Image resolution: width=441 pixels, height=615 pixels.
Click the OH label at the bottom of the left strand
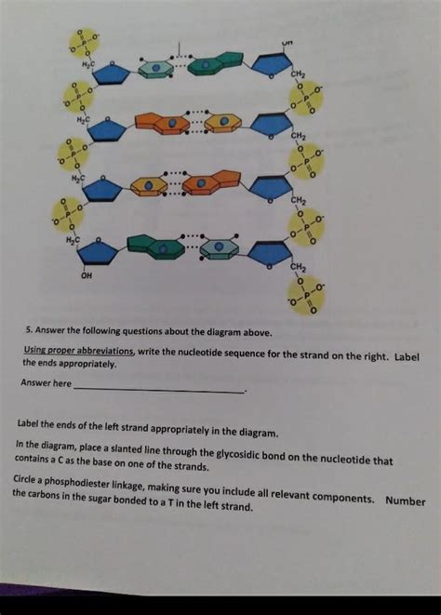click(87, 275)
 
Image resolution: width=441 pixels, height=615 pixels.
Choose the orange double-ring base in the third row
click(212, 182)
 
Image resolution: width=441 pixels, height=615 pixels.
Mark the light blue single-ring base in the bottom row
click(220, 247)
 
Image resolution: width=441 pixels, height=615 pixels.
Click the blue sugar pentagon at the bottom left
click(98, 252)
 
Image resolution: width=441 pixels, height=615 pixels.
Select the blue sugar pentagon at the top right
click(272, 64)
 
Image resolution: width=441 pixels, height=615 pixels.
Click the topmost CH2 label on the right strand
click(299, 74)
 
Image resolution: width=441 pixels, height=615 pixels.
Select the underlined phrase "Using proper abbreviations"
click(79, 352)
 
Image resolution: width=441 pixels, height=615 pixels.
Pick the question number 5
click(29, 328)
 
